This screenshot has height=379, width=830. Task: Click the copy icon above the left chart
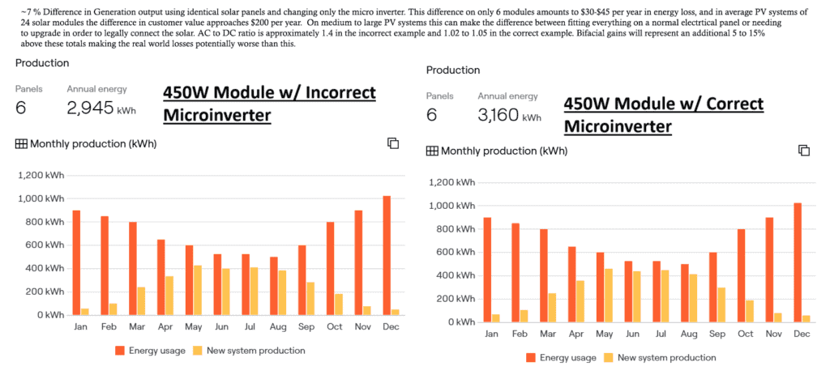(393, 143)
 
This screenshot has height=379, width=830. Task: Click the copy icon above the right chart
(804, 151)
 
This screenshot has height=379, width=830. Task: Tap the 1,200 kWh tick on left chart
(41, 175)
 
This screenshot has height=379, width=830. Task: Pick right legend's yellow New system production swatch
(605, 357)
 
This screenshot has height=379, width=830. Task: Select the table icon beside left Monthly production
(20, 144)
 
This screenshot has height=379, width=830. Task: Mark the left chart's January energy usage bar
(76, 262)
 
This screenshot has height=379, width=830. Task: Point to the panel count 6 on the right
(431, 115)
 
